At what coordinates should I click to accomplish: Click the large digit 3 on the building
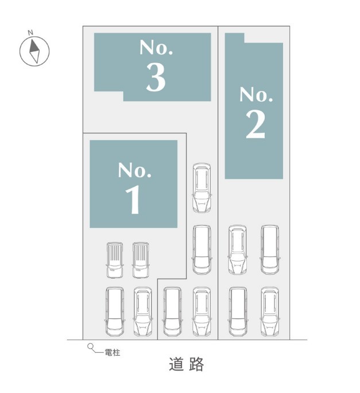(156, 76)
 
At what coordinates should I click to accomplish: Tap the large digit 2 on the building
(256, 124)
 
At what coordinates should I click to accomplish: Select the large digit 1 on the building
(133, 199)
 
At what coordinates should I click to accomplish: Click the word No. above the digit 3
(156, 47)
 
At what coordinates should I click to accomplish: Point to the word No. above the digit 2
(256, 94)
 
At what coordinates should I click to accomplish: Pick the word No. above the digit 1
(134, 170)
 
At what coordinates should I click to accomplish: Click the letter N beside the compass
(30, 33)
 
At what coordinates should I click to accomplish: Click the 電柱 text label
(112, 353)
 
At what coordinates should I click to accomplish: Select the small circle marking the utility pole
(90, 346)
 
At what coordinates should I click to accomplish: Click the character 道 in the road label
(176, 364)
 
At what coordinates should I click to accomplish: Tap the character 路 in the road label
(196, 364)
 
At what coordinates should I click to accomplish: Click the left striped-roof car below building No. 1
(115, 260)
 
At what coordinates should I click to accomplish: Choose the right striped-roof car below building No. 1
(141, 260)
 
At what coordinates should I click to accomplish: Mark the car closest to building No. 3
(202, 188)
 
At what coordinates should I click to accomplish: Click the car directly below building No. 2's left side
(238, 249)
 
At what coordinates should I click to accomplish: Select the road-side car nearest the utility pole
(115, 312)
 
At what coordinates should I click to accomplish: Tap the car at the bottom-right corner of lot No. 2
(270, 312)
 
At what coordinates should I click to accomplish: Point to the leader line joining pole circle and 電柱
(98, 352)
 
